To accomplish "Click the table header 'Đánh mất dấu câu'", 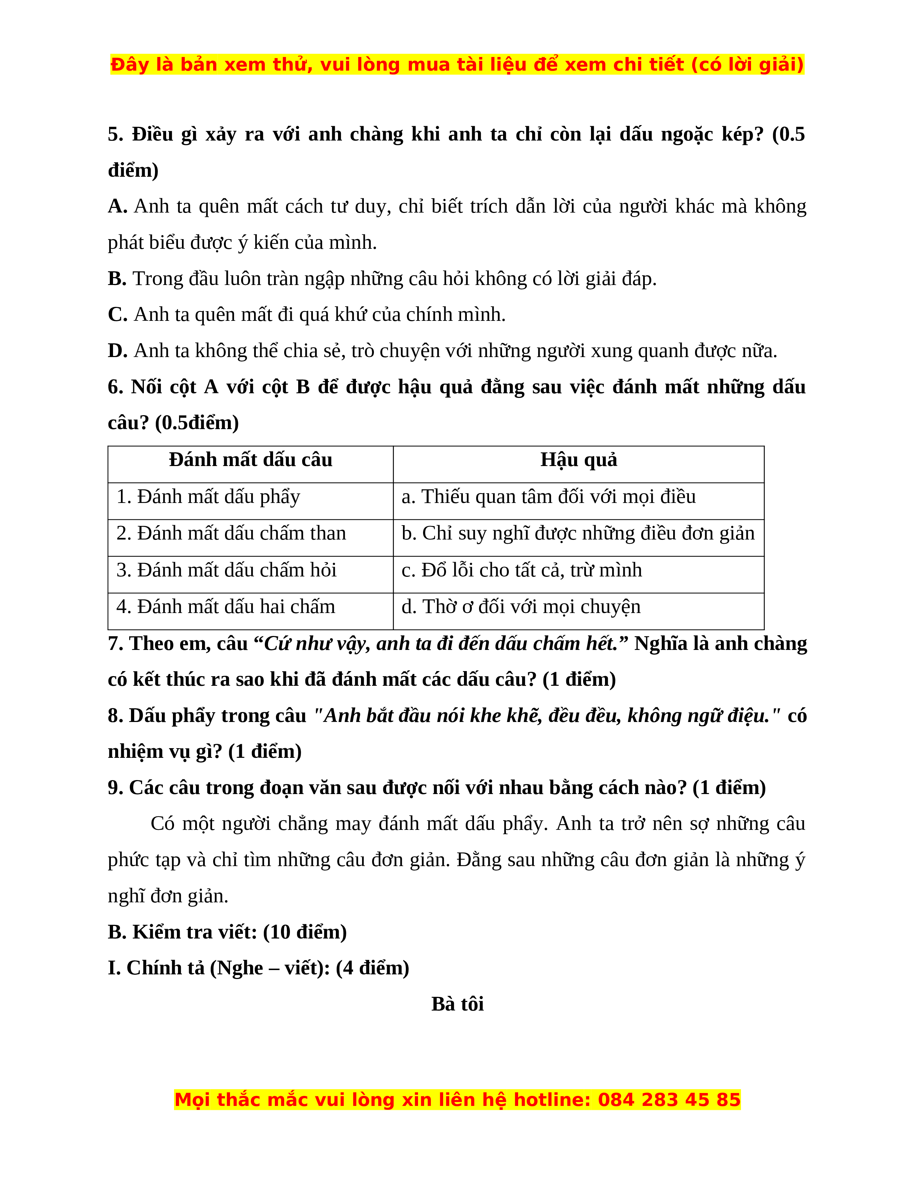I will (250, 460).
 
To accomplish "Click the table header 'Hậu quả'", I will (578, 460).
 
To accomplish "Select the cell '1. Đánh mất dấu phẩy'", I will (208, 497).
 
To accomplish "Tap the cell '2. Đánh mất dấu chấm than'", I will (231, 533).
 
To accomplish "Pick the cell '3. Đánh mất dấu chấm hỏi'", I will (226, 570).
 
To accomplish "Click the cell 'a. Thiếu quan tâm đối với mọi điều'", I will (549, 497).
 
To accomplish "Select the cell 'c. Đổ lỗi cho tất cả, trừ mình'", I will (521, 570).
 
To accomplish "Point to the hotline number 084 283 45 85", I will (669, 1100).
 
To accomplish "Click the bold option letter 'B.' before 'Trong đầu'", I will (117, 279).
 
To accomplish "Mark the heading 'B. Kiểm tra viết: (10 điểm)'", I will (227, 932).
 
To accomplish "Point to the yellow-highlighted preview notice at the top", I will (457, 65).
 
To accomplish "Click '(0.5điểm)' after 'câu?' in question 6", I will (197, 423).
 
